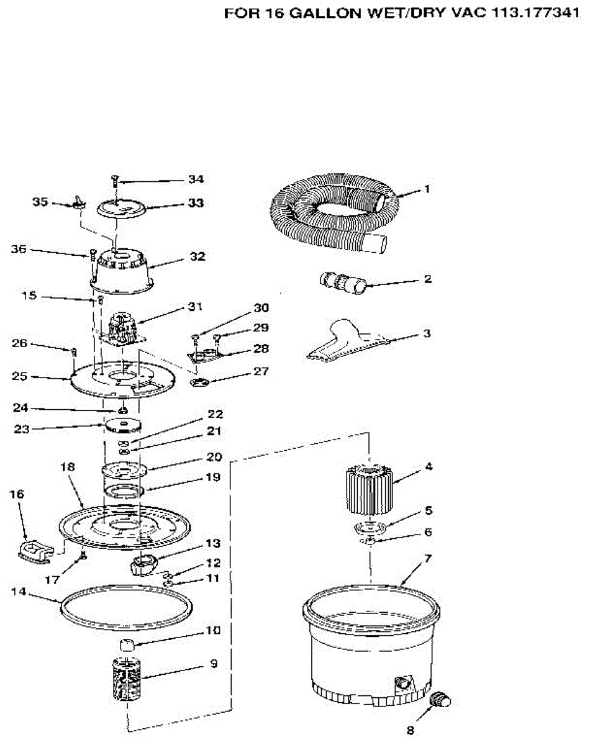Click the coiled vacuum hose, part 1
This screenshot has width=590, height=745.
point(329,214)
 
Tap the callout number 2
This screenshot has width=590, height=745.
point(427,279)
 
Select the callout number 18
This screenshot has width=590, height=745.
point(68,467)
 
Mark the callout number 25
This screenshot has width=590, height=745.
point(20,376)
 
